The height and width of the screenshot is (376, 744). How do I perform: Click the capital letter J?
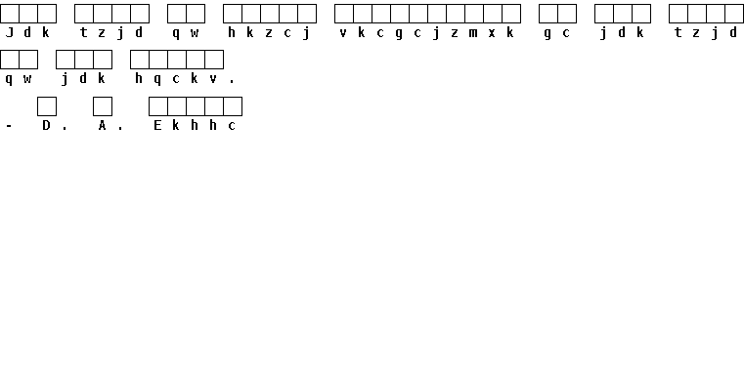[x=9, y=32]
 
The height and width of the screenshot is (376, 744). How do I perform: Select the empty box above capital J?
[x=10, y=14]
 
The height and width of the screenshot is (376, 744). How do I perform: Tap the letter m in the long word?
[x=473, y=33]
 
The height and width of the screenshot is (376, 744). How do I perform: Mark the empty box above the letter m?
[x=474, y=14]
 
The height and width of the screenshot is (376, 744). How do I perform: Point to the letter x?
[x=492, y=33]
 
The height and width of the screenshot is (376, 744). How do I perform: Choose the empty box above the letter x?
[x=493, y=14]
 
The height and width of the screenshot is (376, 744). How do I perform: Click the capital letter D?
[x=46, y=125]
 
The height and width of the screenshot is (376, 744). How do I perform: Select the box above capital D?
[x=47, y=106]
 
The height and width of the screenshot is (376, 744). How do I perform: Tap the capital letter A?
[x=102, y=125]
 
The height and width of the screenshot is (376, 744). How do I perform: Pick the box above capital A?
[x=103, y=106]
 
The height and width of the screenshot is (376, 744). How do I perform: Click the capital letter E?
[x=157, y=125]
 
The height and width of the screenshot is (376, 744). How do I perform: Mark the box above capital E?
[x=158, y=106]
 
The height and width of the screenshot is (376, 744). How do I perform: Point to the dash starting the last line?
[x=9, y=126]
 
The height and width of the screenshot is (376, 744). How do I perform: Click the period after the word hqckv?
[x=232, y=82]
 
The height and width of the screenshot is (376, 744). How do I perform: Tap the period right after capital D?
[x=65, y=128]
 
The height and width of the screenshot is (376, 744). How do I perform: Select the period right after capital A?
[x=120, y=128]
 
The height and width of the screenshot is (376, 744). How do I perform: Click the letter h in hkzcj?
[x=232, y=32]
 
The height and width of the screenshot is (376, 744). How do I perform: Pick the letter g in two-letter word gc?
[x=547, y=34]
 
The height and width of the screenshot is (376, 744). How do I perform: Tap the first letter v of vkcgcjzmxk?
[x=343, y=33]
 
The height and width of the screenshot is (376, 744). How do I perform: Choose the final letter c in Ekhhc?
[x=232, y=126]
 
